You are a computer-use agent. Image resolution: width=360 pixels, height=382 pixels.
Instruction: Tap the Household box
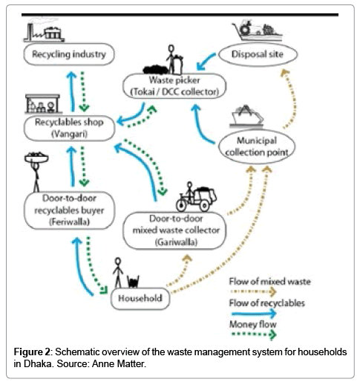(137, 298)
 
